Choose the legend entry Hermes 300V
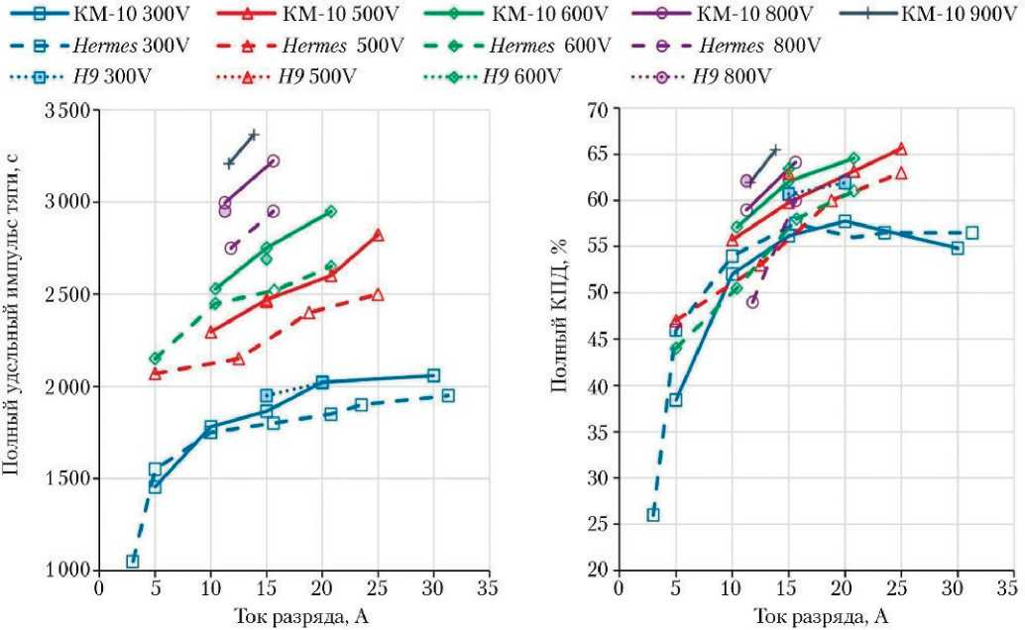(109, 47)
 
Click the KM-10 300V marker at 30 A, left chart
(433, 375)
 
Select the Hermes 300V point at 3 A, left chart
(132, 562)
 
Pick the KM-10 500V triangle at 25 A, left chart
(378, 235)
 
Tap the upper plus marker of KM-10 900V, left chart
(253, 135)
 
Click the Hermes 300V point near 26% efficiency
(653, 515)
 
